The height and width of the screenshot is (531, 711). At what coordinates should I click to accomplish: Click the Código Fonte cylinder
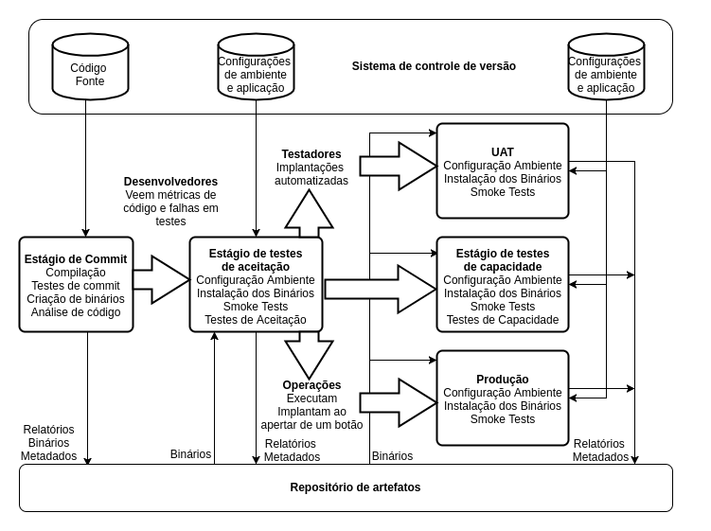coord(89,67)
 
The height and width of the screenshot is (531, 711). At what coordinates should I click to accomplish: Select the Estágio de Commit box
coord(76,284)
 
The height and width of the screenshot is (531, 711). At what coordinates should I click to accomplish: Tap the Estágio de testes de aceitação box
coord(256,284)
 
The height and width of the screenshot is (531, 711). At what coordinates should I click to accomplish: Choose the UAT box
coord(502,170)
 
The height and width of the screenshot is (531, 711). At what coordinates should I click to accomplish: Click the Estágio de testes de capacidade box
coord(502,284)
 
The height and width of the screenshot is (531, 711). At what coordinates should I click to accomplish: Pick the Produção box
coord(502,398)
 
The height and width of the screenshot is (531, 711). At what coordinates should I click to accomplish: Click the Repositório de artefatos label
coord(355,487)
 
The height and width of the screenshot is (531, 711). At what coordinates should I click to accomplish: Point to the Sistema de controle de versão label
coord(434,66)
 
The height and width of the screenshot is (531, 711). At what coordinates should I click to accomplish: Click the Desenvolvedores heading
coord(170,182)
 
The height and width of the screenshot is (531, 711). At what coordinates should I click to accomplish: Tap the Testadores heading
coord(311,154)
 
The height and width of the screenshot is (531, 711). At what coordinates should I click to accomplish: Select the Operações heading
coord(311,385)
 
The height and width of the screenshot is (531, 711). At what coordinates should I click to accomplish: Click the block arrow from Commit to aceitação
coord(160,279)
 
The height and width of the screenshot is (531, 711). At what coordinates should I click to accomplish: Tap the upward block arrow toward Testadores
coord(309,213)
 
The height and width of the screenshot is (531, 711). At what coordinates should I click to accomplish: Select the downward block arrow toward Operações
coord(309,355)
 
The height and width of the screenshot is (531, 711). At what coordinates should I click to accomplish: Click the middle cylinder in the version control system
coord(256,67)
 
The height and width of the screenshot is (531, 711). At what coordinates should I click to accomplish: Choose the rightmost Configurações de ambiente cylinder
coord(606,67)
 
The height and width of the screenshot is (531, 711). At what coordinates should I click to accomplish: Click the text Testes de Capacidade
coord(502,320)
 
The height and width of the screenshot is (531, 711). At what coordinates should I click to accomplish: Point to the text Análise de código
coord(76,312)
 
